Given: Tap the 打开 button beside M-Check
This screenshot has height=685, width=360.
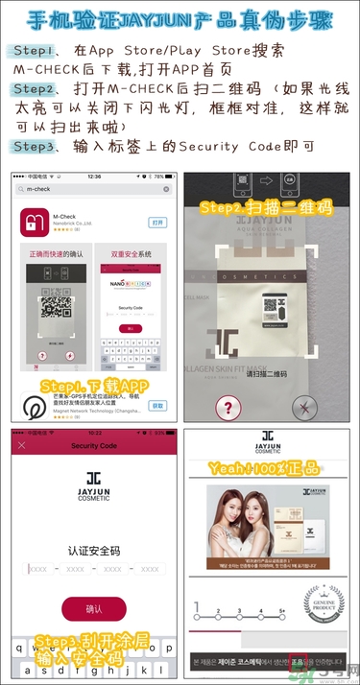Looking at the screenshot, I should coord(157,222).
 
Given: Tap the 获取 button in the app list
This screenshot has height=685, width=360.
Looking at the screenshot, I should coord(157,406).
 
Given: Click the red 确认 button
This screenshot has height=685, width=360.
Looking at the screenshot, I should coord(93,608).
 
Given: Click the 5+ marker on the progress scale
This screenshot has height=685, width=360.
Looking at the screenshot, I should coord(282,610).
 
